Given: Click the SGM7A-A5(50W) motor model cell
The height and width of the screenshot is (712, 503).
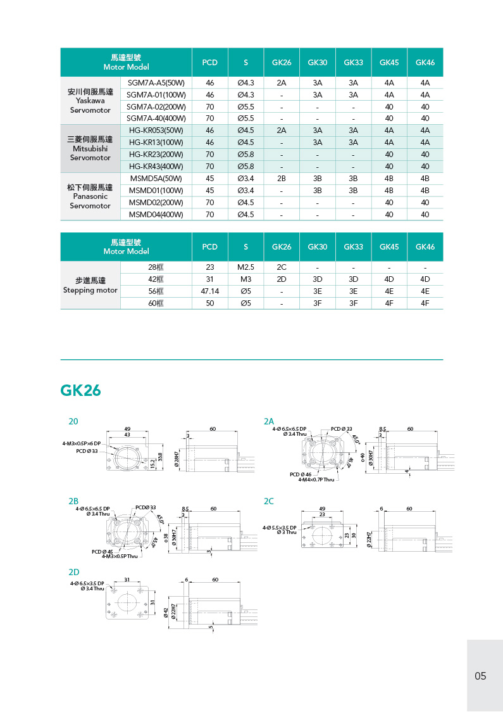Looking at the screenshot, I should (156, 82).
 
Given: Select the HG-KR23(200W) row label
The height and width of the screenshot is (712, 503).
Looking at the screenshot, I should (156, 154).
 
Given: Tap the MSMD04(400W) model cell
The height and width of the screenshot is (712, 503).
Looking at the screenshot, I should (156, 214).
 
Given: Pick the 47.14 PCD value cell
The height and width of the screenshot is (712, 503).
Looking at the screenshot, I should (209, 291).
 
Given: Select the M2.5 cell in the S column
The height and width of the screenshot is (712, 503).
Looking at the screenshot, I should (245, 267).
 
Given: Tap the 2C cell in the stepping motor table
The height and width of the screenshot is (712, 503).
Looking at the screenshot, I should (282, 267).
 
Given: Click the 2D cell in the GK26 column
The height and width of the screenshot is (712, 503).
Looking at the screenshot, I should (282, 279).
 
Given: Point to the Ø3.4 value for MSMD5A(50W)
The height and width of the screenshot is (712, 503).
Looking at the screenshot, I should (245, 178).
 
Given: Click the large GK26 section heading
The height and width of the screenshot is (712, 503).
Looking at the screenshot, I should (80, 390).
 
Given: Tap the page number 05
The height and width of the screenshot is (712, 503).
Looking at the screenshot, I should (480, 676).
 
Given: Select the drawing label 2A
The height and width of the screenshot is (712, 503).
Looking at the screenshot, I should (269, 421).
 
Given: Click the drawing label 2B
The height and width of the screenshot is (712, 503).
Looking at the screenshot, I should (74, 500).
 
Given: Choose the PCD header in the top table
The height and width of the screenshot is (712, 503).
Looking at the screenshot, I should (209, 62).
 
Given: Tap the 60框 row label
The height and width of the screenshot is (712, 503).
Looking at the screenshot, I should (156, 303).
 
